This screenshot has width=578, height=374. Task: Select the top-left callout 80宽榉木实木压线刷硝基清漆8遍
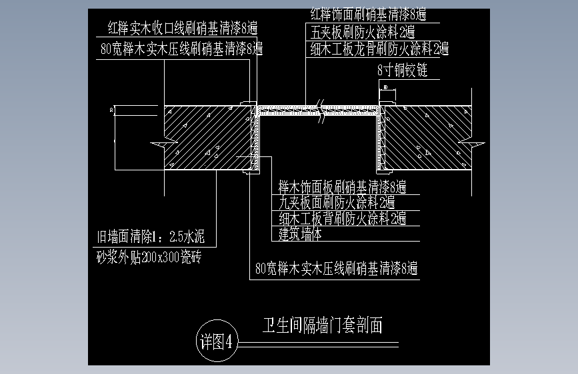[x=181, y=49]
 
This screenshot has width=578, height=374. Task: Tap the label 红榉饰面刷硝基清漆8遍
[x=369, y=13]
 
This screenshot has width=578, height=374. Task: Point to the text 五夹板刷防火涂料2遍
[x=363, y=31]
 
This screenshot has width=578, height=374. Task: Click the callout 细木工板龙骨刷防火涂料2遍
[x=379, y=49]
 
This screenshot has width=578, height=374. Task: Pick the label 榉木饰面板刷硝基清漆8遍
[x=343, y=186]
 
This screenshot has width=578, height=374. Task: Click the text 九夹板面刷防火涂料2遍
[x=337, y=202]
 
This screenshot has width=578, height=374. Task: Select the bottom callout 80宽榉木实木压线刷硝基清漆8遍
[x=337, y=269]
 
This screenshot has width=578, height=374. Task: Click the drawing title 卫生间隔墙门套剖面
[x=323, y=325]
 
